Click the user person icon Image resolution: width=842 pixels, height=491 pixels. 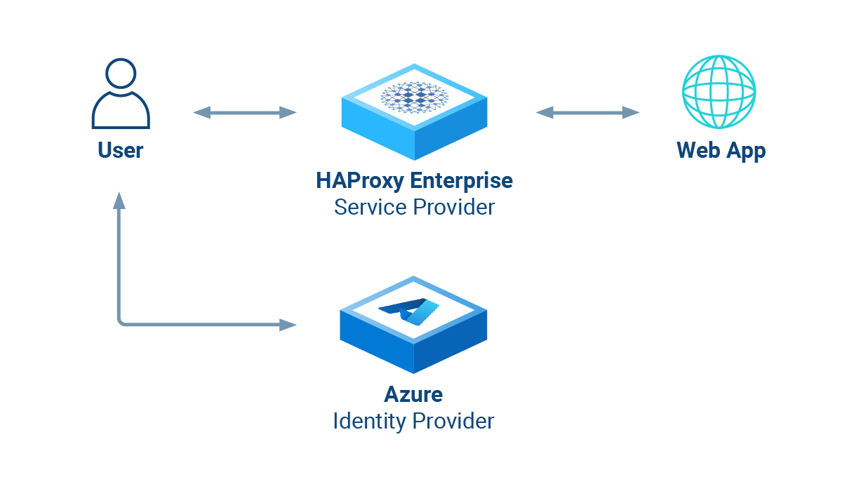(x=120, y=95)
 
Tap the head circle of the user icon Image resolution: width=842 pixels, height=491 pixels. (x=120, y=73)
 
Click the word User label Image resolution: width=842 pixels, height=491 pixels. (x=120, y=150)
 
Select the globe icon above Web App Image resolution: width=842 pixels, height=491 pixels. (x=719, y=92)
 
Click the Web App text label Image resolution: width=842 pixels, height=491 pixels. (x=721, y=150)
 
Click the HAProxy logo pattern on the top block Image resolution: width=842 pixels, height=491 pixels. (x=414, y=97)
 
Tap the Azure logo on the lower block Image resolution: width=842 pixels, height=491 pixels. (x=410, y=311)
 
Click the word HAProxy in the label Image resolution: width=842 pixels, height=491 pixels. (x=360, y=180)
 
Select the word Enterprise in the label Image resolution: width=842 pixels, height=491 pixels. (x=461, y=180)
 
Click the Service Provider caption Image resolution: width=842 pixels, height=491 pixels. (x=414, y=208)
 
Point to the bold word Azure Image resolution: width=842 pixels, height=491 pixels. (x=413, y=394)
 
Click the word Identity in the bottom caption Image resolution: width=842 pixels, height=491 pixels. (x=369, y=421)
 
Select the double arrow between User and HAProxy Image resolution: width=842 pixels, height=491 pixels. (x=245, y=112)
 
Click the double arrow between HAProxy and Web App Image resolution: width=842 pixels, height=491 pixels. (x=588, y=112)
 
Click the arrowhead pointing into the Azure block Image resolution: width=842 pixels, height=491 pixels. (x=288, y=325)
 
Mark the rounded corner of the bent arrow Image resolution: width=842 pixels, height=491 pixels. (x=121, y=322)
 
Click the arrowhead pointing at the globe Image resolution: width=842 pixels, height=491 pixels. (x=631, y=112)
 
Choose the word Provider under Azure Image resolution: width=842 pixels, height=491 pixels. (x=453, y=421)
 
